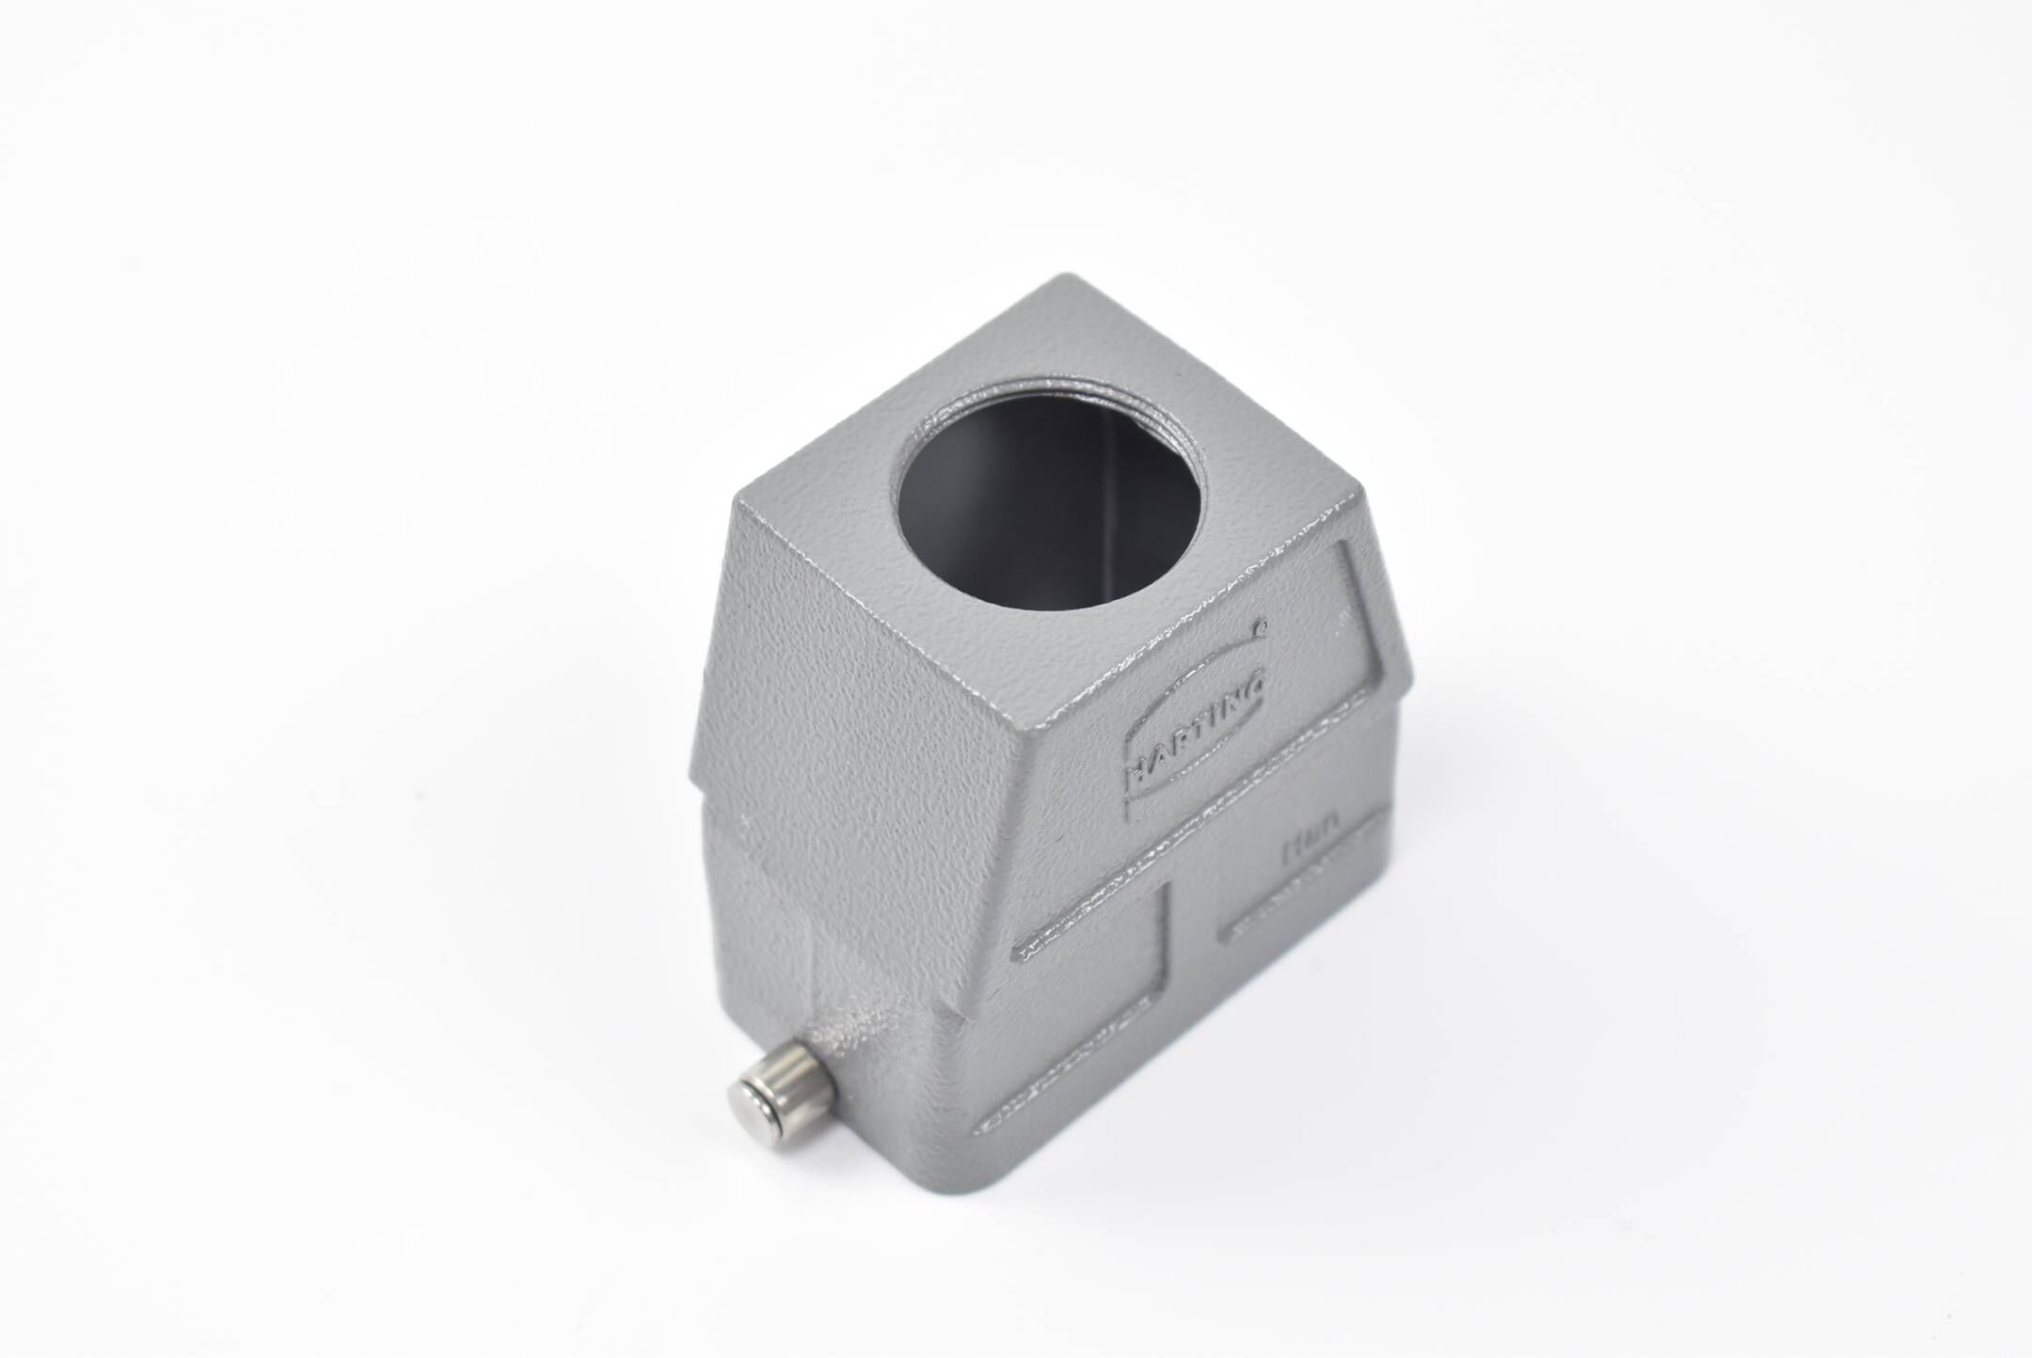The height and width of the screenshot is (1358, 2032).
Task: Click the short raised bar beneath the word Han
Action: [x=1294, y=902]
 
